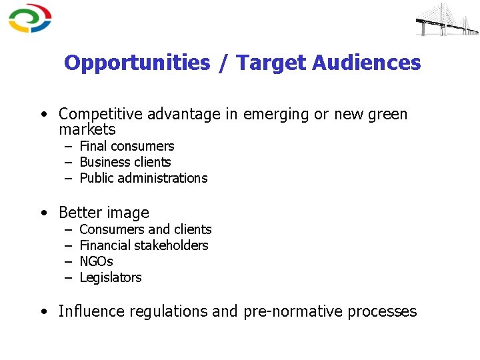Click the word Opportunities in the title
(x=137, y=63)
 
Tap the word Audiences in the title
(x=366, y=63)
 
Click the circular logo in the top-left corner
(x=30, y=19)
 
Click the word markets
(x=87, y=129)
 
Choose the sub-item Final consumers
(x=127, y=146)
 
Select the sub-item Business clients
(x=125, y=162)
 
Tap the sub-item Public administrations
(x=143, y=178)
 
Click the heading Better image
(x=104, y=213)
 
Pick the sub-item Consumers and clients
(x=145, y=229)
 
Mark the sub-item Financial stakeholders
(x=143, y=245)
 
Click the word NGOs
(x=96, y=261)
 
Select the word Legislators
(x=111, y=277)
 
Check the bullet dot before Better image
(x=43, y=213)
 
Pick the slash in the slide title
(x=223, y=63)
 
